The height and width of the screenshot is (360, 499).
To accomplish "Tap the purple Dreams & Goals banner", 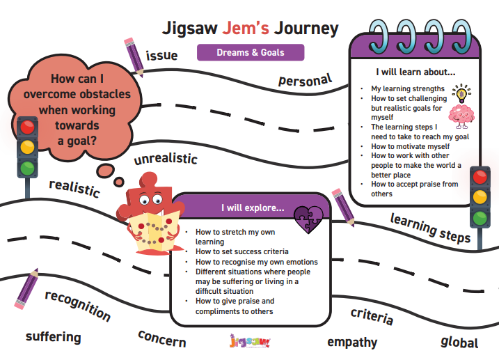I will click(x=250, y=52).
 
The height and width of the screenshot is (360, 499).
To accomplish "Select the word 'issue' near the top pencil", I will click(x=161, y=55).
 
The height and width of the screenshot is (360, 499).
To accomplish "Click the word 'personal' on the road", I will click(x=305, y=79).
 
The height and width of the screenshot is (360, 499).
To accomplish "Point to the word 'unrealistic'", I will click(x=166, y=157).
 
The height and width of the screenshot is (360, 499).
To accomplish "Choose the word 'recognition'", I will click(x=77, y=305).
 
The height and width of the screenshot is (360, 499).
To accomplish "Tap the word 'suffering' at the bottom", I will click(x=54, y=337).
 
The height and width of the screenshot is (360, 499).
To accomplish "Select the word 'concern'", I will click(x=162, y=338).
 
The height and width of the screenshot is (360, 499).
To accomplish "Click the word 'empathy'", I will click(x=352, y=342).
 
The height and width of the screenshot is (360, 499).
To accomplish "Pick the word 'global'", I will click(x=459, y=342).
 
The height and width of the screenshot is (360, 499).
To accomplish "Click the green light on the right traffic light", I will click(x=480, y=217).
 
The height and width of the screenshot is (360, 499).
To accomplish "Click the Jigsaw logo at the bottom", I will click(x=249, y=342).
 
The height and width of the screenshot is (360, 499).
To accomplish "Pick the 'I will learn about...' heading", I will click(x=415, y=72).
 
